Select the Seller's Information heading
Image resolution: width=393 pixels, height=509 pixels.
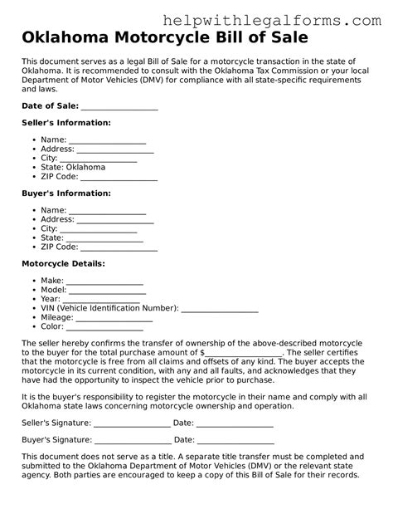[65, 122]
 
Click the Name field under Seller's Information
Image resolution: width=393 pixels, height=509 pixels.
[107, 139]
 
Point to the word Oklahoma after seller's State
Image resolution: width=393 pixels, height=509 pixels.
[85, 167]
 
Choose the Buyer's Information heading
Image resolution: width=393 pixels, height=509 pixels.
[65, 193]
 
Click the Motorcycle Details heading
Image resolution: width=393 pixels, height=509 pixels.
[63, 263]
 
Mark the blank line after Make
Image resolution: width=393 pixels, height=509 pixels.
[104, 281]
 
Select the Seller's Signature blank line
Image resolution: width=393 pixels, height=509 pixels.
[133, 423]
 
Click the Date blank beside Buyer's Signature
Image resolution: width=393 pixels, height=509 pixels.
[235, 439]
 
